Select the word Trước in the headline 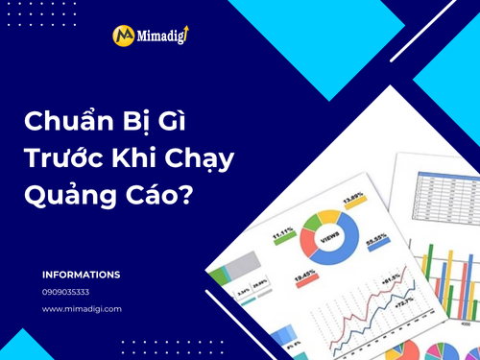(x=60, y=158)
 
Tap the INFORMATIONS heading (x=81, y=275)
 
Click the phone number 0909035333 (x=66, y=292)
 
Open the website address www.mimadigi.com (x=82, y=309)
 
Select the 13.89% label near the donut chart (x=353, y=199)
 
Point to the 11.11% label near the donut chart (x=283, y=230)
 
